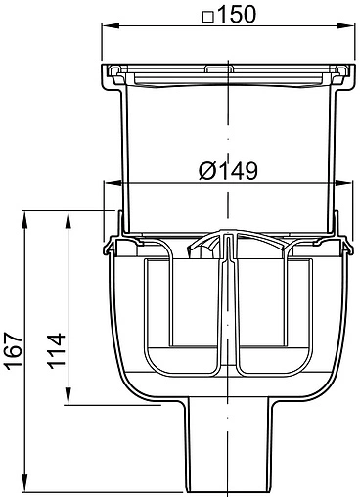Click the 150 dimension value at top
pyautogui.click(x=237, y=14)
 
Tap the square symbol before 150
pyautogui.click(x=207, y=17)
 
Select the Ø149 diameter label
pyautogui.click(x=228, y=170)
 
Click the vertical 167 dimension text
pyautogui.click(x=15, y=351)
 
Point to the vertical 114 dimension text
pyautogui.click(x=57, y=351)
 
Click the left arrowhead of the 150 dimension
pyautogui.click(x=111, y=25)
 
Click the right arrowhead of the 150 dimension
pyautogui.click(x=345, y=25)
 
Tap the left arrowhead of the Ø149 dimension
pyautogui.click(x=111, y=183)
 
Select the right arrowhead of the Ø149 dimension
pyautogui.click(x=344, y=183)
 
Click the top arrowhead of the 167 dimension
pyautogui.click(x=24, y=219)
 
